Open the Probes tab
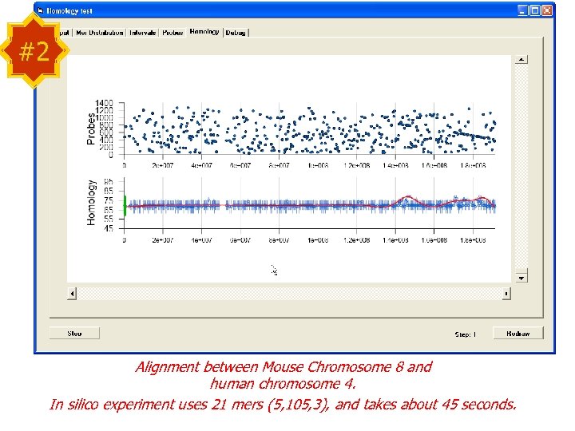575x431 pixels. (173, 33)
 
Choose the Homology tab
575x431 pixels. (204, 32)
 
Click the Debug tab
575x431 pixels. (236, 33)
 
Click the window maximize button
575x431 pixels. (534, 11)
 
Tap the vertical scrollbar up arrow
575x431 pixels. (521, 58)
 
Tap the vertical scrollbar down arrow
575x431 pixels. (521, 278)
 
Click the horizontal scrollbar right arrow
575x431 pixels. (506, 294)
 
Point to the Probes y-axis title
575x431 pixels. (90, 128)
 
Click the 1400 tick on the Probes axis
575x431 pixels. (105, 103)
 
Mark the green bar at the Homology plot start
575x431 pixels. (125, 204)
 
